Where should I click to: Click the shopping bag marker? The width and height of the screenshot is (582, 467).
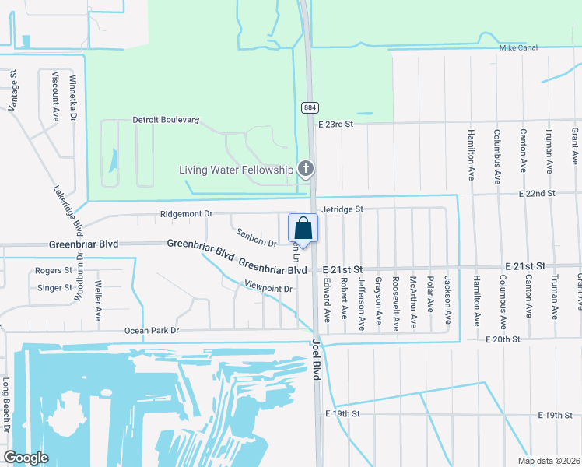[x=303, y=229]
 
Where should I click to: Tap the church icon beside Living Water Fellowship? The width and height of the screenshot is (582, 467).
[x=307, y=169]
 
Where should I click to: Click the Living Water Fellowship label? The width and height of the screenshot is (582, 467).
[x=236, y=170]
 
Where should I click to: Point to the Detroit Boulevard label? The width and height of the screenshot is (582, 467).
[x=166, y=121]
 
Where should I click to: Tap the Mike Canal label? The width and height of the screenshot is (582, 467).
[x=519, y=48]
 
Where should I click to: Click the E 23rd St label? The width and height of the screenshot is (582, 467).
[x=335, y=124]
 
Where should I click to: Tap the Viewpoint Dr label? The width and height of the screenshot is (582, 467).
[x=267, y=289]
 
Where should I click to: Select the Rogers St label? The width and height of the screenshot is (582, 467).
[x=54, y=271]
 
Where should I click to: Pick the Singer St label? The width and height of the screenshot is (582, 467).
[x=54, y=288]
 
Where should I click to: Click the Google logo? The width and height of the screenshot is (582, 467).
[x=26, y=458]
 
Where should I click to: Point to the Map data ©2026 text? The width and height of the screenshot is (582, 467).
[x=548, y=461]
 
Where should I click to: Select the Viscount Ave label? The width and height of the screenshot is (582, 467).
[x=56, y=96]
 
